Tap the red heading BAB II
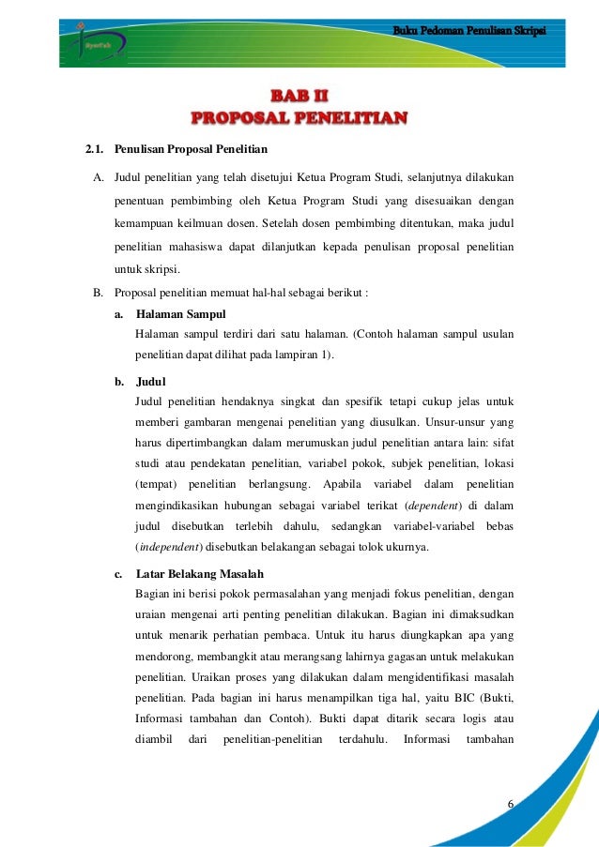pyautogui.click(x=299, y=96)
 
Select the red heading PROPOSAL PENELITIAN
pyautogui.click(x=299, y=118)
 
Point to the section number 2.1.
pyautogui.click(x=94, y=149)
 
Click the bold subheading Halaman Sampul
pyautogui.click(x=180, y=313)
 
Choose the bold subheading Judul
pyautogui.click(x=150, y=382)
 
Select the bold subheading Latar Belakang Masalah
pyautogui.click(x=199, y=573)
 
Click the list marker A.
pyautogui.click(x=98, y=177)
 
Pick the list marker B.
pyautogui.click(x=98, y=293)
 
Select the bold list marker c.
pyautogui.click(x=119, y=573)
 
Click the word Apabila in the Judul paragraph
pyautogui.click(x=346, y=484)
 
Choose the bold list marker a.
pyautogui.click(x=119, y=313)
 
